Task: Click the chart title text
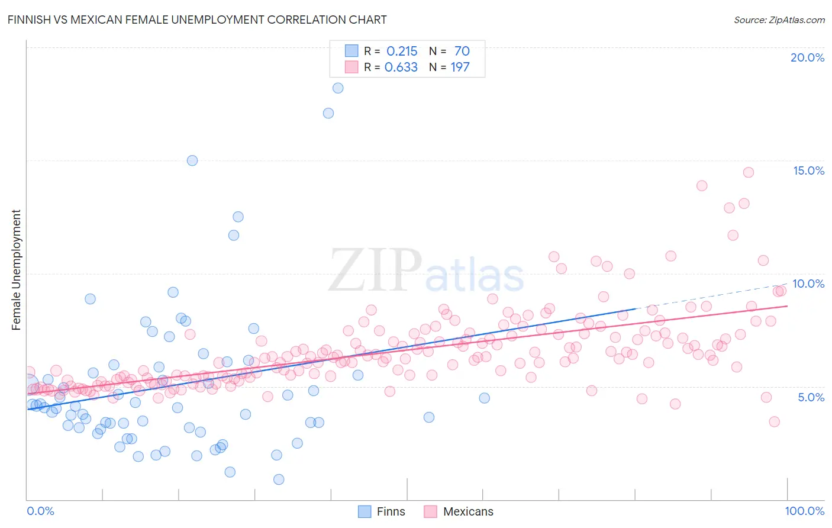[x=197, y=20]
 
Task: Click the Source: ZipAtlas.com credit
[x=779, y=20]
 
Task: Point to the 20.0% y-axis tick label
[x=807, y=57]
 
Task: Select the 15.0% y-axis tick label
[x=808, y=170]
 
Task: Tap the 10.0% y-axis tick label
[x=808, y=284]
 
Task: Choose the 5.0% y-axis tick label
[x=811, y=397]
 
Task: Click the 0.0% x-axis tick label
[x=40, y=511]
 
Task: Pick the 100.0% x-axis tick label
[x=804, y=511]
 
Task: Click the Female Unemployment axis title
[x=16, y=270]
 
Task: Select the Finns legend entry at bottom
[x=382, y=511]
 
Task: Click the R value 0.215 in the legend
[x=402, y=51]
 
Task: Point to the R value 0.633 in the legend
[x=401, y=67]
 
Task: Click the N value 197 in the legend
[x=460, y=67]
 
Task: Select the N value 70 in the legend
[x=462, y=51]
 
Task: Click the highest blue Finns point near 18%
[x=338, y=88]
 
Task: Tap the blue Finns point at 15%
[x=192, y=160]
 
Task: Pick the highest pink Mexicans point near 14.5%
[x=749, y=172]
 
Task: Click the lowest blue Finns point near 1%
[x=279, y=479]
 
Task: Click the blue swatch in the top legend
[x=351, y=51]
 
